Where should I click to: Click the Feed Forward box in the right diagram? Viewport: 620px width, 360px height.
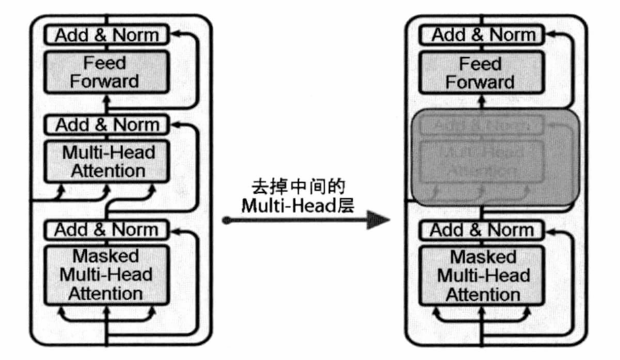point(480,72)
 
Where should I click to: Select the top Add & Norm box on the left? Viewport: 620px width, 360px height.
point(107,34)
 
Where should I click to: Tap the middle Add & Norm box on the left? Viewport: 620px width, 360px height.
point(107,124)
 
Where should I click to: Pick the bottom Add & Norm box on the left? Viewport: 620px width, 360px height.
point(107,230)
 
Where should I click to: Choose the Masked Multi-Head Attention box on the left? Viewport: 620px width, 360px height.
point(107,274)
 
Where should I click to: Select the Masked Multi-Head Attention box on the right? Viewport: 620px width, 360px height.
point(483,274)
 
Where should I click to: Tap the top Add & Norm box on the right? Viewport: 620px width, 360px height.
point(483,34)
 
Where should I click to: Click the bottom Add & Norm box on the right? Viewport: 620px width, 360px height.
point(483,230)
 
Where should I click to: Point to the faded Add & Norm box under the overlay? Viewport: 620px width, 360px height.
point(482,125)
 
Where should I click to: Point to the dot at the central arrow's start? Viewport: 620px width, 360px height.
point(226,220)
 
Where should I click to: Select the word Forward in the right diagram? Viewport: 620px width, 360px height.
point(480,82)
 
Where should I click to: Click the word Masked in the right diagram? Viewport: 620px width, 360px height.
point(482,256)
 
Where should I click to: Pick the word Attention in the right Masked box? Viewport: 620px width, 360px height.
point(482,294)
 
